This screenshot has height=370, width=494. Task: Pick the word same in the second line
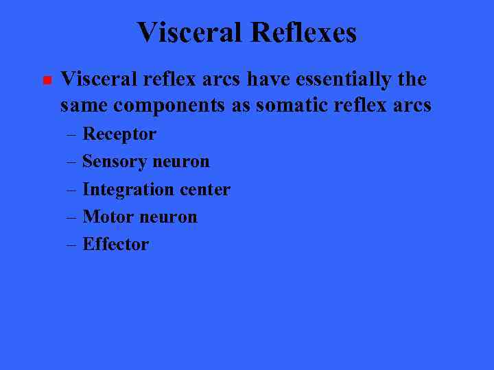84,106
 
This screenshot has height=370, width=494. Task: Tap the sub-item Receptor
119,134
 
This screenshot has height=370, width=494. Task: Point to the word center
204,190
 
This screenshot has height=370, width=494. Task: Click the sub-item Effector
115,245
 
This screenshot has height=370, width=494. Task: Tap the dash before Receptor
72,135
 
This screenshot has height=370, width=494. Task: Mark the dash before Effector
72,245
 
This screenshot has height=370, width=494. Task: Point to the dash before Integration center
72,190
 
